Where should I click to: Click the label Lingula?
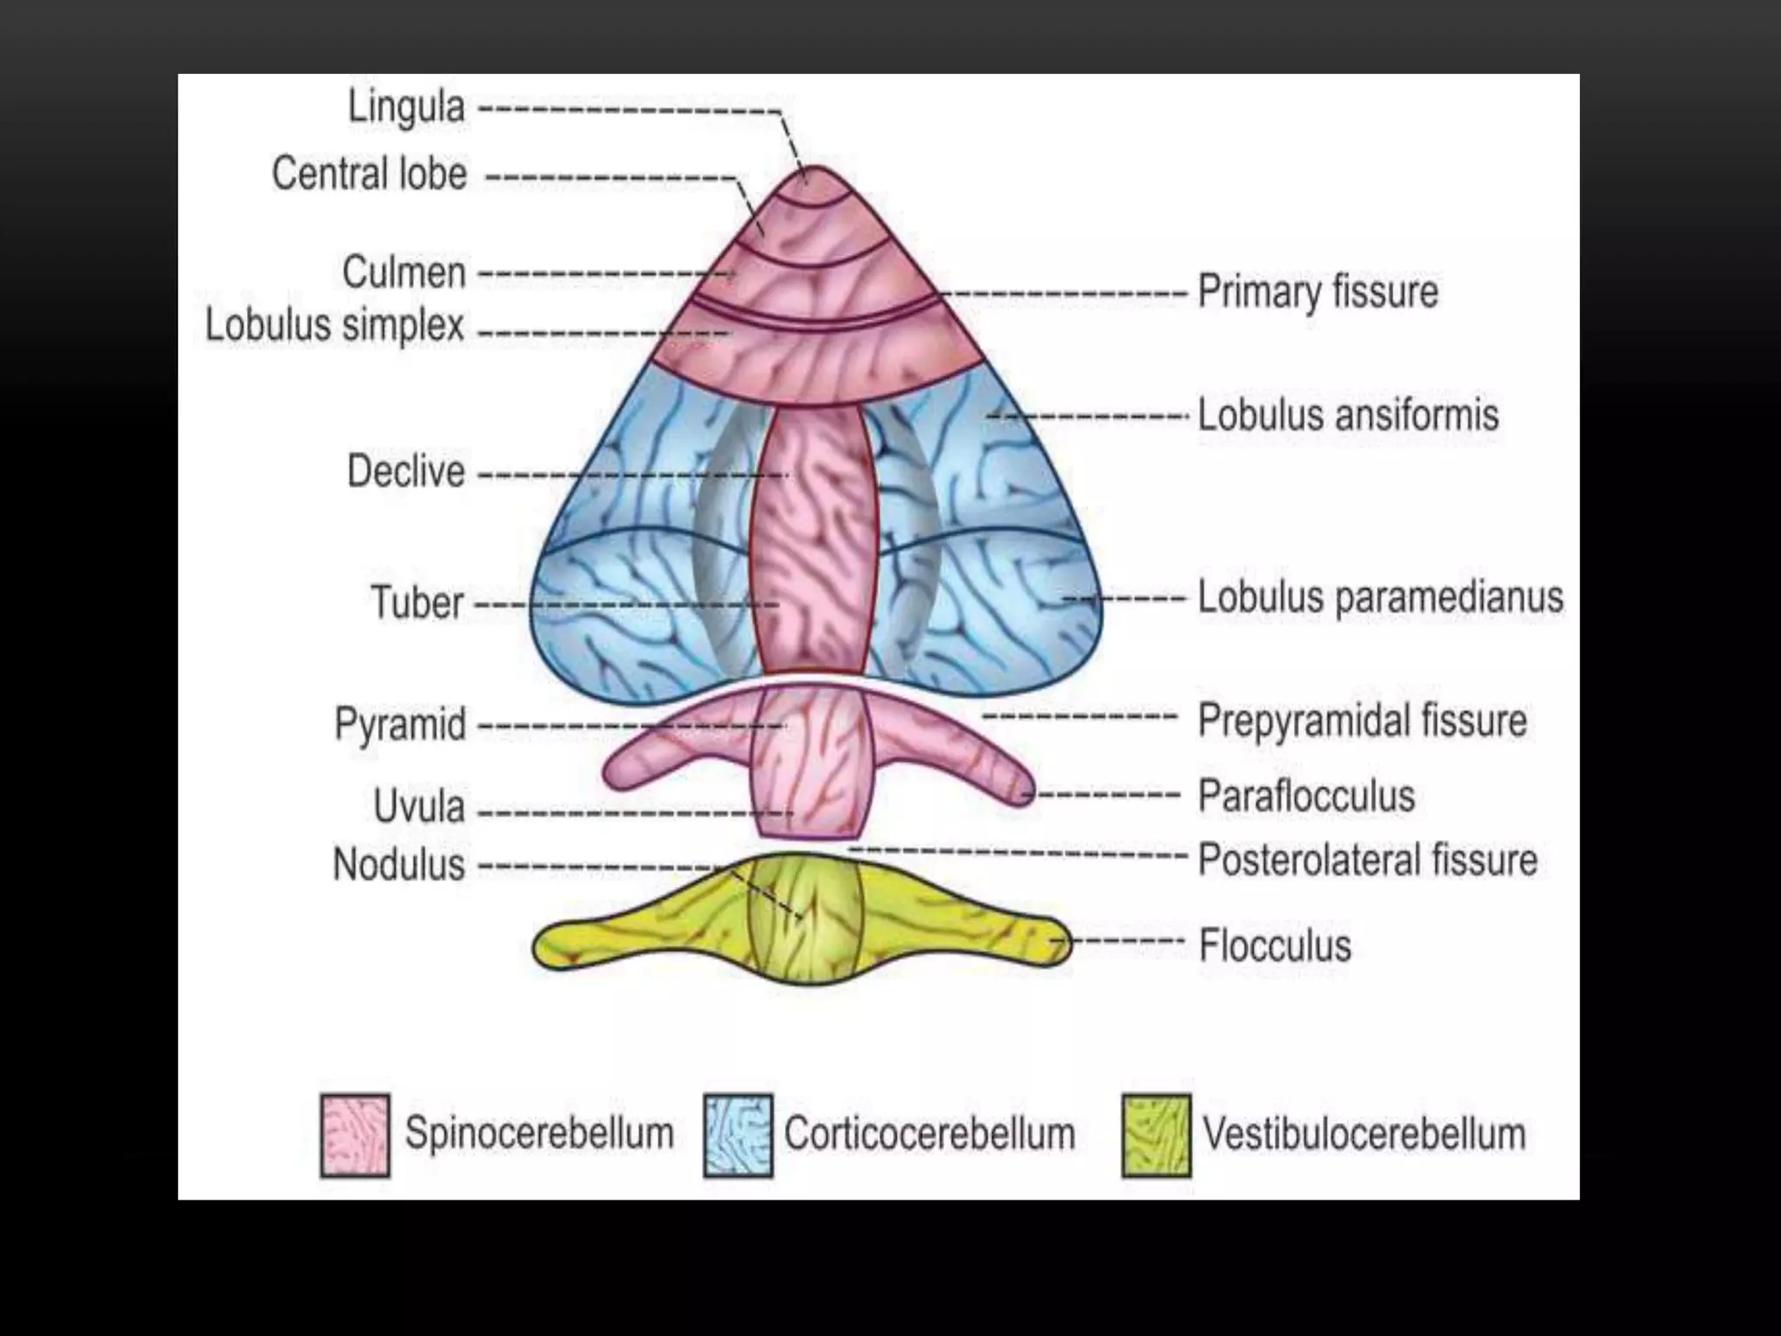406,109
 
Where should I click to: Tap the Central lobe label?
370,174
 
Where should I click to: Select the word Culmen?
404,273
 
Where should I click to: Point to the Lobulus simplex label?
336,326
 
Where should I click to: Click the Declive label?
406,472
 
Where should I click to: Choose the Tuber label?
417,603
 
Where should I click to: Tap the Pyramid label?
401,725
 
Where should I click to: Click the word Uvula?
419,807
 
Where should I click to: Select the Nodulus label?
399,865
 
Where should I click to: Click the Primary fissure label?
1318,291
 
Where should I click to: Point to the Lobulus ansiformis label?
1349,415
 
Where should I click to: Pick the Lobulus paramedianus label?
1381,598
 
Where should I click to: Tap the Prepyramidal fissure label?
1363,721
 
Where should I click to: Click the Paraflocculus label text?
1307,796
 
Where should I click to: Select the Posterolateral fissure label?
1368,859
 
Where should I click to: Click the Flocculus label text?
1276,945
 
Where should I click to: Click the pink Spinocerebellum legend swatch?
355,1135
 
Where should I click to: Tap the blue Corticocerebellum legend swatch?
738,1135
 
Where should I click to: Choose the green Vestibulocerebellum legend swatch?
1157,1135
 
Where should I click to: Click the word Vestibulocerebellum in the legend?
1364,1134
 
